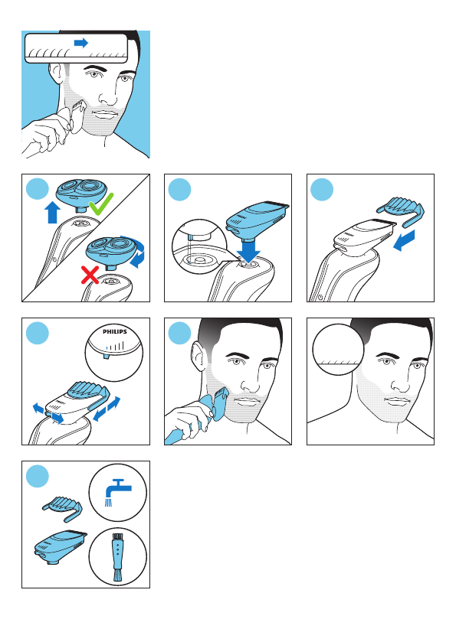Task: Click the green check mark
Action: [x=100, y=205]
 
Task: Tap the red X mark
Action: [x=90, y=275]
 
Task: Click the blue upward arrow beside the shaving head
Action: [x=52, y=213]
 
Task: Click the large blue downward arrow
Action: [x=249, y=249]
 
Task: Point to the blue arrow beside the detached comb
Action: [x=404, y=240]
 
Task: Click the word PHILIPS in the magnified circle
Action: [x=115, y=331]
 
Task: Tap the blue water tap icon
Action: [x=117, y=492]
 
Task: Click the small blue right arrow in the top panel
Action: [x=81, y=43]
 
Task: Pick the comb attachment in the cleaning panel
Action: [x=62, y=509]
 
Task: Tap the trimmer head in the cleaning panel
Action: [x=61, y=547]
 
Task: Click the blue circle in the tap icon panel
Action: [x=38, y=476]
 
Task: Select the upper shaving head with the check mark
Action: [x=82, y=192]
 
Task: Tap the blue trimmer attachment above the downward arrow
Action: [x=257, y=220]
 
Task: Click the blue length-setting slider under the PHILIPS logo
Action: [x=107, y=357]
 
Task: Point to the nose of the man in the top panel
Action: [x=107, y=97]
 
